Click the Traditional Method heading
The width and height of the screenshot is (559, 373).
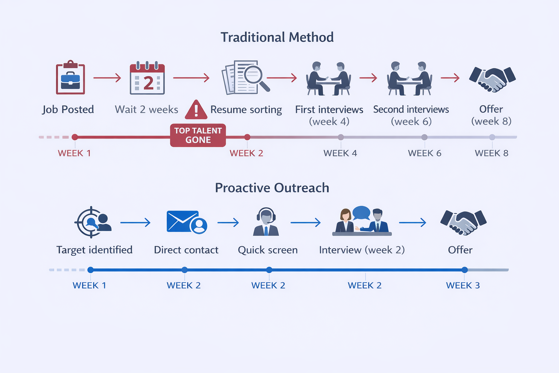pos(277,37)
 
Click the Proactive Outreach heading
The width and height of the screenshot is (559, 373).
pos(272,188)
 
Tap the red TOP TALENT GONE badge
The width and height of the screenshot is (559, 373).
pos(198,136)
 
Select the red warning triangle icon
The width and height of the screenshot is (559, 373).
pos(196,110)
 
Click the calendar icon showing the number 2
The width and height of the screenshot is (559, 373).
pos(147,79)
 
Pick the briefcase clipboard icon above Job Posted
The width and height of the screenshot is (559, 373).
pos(70,78)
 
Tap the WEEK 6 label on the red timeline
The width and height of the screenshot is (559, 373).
pos(424,153)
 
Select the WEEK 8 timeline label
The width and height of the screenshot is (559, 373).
pos(491,153)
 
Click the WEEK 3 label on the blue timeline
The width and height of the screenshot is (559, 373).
pos(463,286)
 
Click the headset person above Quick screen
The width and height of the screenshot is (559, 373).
pos(266,222)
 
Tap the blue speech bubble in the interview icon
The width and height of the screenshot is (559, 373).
pos(361,213)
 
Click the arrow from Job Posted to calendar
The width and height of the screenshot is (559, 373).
pos(107,78)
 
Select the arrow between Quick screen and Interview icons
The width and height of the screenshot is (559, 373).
pos(306,222)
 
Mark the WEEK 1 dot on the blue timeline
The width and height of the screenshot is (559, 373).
pos(91,270)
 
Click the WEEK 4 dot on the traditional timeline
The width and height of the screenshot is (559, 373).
pos(341,137)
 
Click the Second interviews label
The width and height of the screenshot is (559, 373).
pos(411,110)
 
